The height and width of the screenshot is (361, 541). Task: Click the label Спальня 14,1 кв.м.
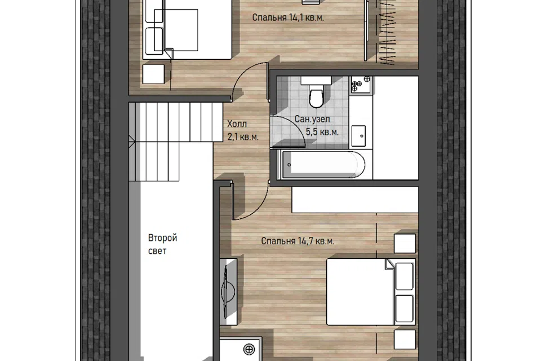tap(288, 17)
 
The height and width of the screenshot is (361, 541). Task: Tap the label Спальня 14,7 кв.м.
tap(298, 241)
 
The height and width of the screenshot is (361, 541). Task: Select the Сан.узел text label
tap(312, 119)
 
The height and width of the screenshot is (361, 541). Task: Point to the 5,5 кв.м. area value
tap(322, 132)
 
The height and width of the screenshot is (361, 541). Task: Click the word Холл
tap(237, 124)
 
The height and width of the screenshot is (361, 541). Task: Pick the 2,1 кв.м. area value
tap(243, 137)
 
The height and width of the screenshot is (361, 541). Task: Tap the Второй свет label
tap(162, 244)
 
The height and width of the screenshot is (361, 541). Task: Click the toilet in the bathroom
tap(316, 93)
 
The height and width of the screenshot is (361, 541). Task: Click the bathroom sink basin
tap(359, 136)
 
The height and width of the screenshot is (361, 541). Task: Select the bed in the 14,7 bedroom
tap(371, 292)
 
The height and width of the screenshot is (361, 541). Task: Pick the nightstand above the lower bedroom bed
tap(405, 244)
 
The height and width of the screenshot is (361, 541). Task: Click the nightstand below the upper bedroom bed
tap(153, 73)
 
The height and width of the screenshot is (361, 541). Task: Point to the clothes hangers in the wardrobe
tap(387, 33)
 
